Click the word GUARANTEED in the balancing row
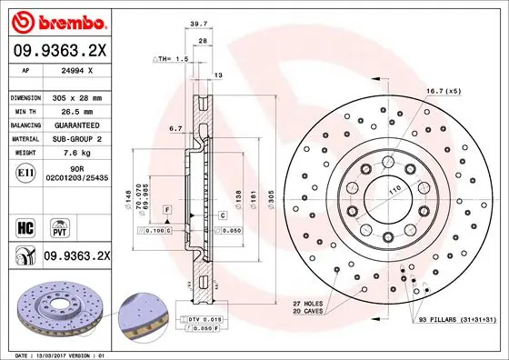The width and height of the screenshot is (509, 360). (x=84, y=125)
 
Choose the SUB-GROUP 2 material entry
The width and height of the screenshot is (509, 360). (x=83, y=139)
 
